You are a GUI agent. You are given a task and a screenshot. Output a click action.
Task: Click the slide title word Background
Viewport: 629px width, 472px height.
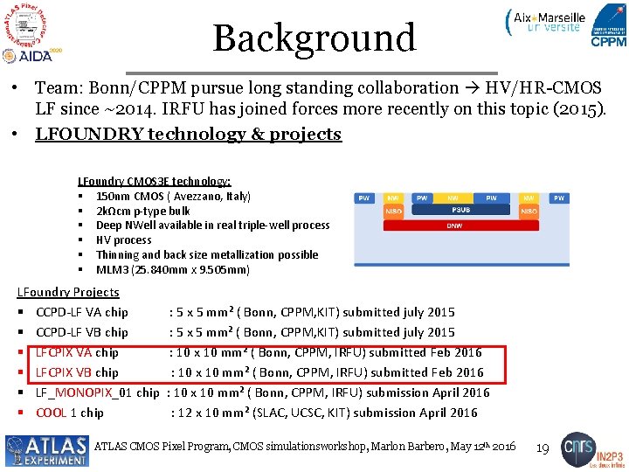click(x=314, y=38)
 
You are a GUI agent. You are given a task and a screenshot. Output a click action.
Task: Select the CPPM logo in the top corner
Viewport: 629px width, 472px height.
click(x=608, y=25)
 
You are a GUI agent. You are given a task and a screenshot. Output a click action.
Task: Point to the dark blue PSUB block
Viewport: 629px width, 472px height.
click(x=461, y=210)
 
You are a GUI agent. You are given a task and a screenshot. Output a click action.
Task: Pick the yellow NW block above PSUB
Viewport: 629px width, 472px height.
click(x=453, y=198)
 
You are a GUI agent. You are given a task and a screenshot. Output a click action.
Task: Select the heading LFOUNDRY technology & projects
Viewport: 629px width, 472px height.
click(x=188, y=134)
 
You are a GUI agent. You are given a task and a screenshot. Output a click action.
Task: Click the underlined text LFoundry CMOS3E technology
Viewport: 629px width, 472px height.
click(x=155, y=181)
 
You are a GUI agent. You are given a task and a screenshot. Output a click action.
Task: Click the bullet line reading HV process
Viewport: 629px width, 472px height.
click(x=123, y=239)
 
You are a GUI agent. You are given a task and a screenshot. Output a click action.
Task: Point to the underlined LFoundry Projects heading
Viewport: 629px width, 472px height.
click(x=69, y=292)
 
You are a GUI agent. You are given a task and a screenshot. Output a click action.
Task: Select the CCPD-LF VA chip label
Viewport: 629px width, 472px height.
click(x=81, y=312)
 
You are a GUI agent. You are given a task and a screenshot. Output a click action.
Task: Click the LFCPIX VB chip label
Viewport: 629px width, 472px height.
click(x=77, y=372)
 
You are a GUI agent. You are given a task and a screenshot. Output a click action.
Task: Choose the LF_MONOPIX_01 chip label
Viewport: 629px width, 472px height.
click(x=97, y=392)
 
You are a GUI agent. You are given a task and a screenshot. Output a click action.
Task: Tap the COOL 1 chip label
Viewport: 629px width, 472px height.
click(x=69, y=413)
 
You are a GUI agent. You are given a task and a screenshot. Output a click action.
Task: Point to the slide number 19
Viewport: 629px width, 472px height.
click(x=542, y=448)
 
